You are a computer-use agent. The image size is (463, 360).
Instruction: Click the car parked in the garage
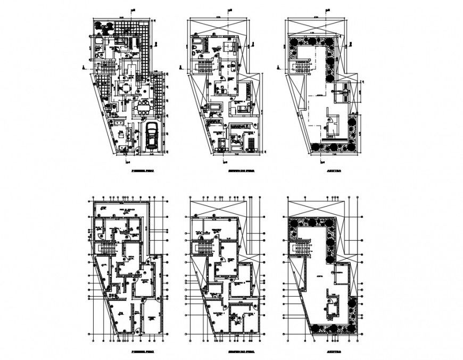(x=152, y=135)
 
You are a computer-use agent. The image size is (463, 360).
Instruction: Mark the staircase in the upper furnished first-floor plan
(x=108, y=68)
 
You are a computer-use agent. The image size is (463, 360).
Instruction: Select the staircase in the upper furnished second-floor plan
(x=205, y=68)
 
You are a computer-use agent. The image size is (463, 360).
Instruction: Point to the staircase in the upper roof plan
(x=301, y=68)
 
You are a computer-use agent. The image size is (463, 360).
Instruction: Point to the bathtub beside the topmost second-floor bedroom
(x=196, y=42)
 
